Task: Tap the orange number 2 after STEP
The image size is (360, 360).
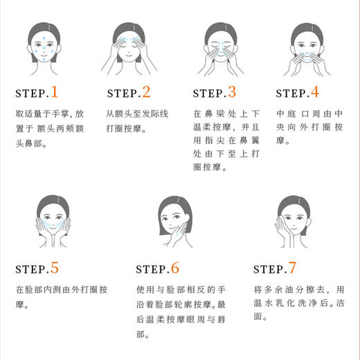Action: click(145, 92)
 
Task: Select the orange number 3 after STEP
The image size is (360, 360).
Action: click(231, 92)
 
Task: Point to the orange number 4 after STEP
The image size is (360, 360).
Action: click(314, 92)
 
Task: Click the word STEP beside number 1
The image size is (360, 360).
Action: click(30, 93)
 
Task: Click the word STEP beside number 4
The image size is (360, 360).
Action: click(292, 93)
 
